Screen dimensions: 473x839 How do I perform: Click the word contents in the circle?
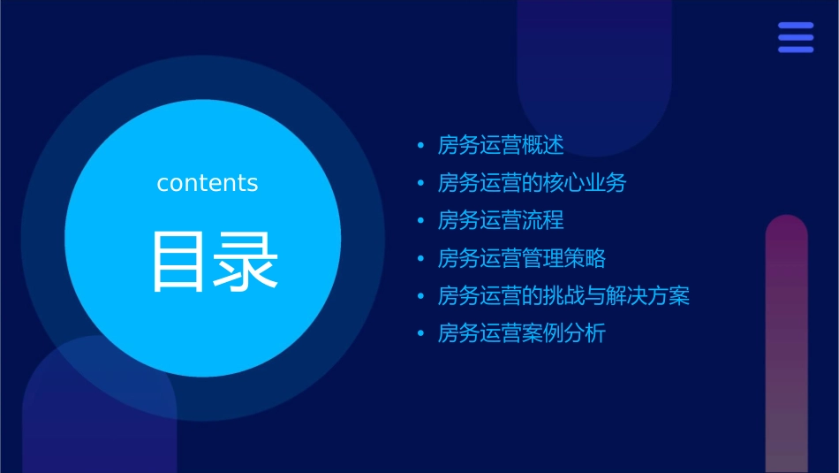(x=208, y=183)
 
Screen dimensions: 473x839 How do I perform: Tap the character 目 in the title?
(x=178, y=262)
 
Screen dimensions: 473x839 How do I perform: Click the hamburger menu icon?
(x=796, y=37)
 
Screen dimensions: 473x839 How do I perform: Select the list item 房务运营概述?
(x=500, y=145)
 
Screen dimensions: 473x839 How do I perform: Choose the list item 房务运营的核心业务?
(x=532, y=183)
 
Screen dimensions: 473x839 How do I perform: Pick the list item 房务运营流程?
(x=500, y=220)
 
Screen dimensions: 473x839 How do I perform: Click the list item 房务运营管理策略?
(x=521, y=258)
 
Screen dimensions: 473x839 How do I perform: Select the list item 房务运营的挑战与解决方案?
(x=563, y=295)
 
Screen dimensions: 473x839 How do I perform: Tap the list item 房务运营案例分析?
(x=521, y=333)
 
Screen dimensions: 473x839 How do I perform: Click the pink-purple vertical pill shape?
(x=786, y=345)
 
